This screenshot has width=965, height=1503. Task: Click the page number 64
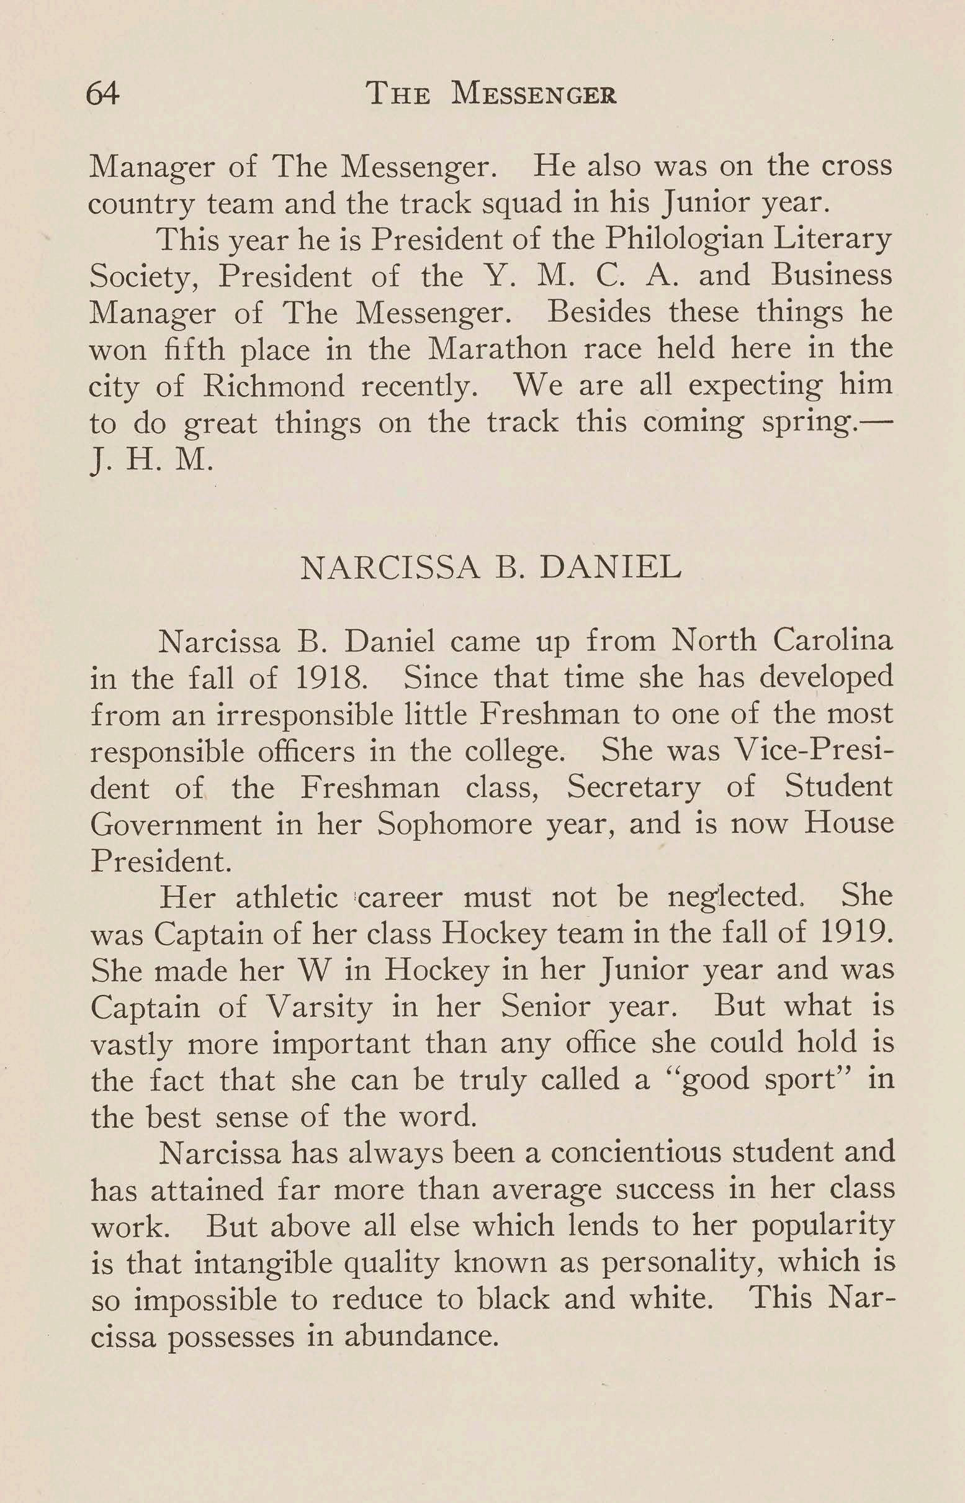tap(102, 94)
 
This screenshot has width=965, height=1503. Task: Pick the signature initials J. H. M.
tap(151, 461)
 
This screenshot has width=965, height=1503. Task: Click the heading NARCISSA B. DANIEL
tap(491, 568)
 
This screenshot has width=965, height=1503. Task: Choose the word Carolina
tap(832, 641)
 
